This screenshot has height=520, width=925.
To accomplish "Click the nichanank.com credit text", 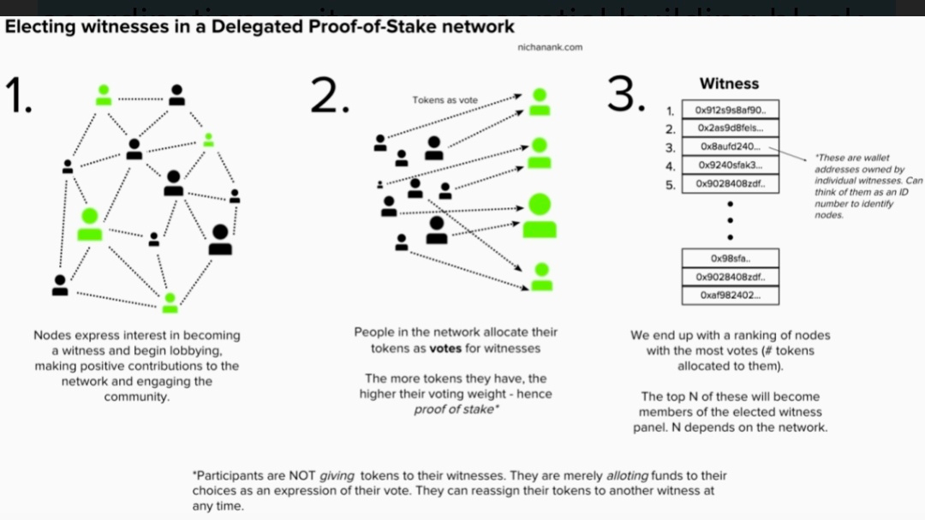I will pyautogui.click(x=550, y=47).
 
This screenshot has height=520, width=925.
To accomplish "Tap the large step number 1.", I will pyautogui.click(x=18, y=95).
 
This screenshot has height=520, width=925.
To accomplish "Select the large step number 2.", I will pyautogui.click(x=330, y=95).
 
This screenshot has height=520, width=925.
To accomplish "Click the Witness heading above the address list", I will pyautogui.click(x=729, y=84).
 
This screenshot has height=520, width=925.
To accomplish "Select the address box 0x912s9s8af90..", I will pyautogui.click(x=731, y=111).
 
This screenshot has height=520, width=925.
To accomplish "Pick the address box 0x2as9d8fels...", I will pyautogui.click(x=731, y=129).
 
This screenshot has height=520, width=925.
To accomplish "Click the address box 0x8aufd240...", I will pyautogui.click(x=731, y=146).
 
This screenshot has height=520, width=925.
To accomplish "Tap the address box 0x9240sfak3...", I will pyautogui.click(x=731, y=165).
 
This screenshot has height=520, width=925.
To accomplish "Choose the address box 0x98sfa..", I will pyautogui.click(x=731, y=258).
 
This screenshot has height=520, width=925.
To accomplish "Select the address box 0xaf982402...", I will pyautogui.click(x=731, y=296).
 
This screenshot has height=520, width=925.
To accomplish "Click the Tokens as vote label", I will pyautogui.click(x=445, y=100).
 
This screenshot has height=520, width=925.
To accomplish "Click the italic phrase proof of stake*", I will pyautogui.click(x=455, y=409).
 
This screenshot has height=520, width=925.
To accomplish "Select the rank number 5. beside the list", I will pyautogui.click(x=671, y=184).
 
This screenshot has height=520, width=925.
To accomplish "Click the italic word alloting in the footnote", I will pyautogui.click(x=628, y=475).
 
